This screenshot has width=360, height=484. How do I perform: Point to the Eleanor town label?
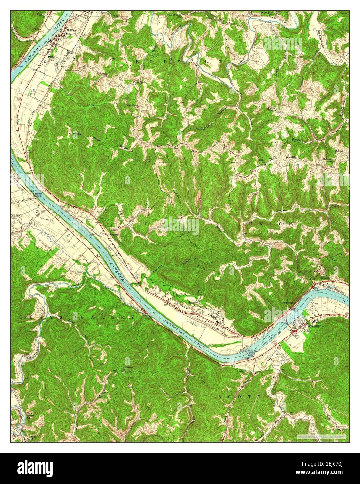[193, 302]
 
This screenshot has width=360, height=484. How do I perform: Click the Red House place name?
[288, 302]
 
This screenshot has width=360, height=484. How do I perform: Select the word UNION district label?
[270, 223]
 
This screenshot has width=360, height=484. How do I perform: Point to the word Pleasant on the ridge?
[292, 157]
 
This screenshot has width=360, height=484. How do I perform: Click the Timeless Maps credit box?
[321, 436]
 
